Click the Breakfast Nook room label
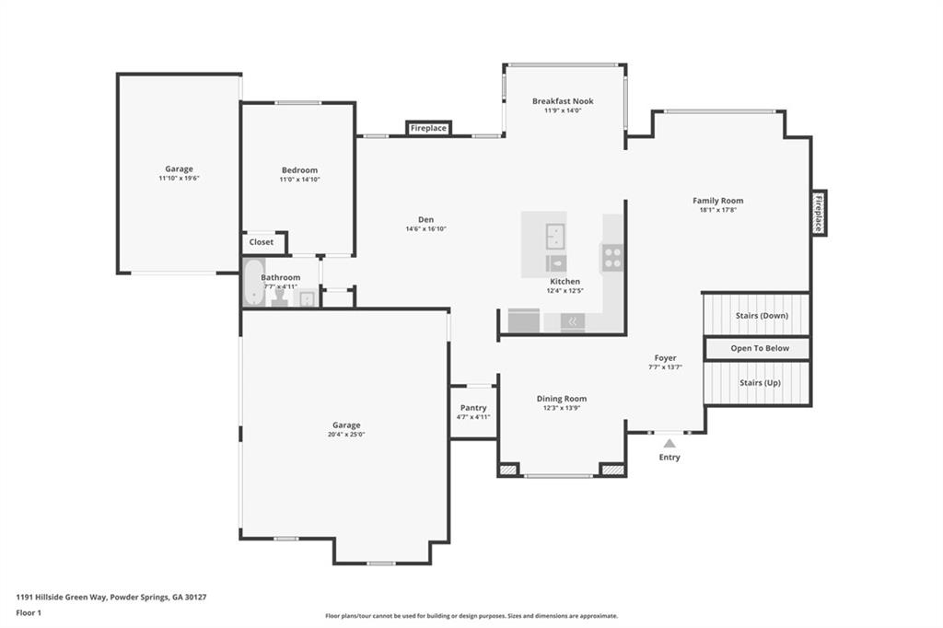(563, 101)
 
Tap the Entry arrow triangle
(669, 444)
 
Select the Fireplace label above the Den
(428, 128)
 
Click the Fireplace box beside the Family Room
(818, 213)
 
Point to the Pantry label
(473, 408)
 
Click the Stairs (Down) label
(762, 316)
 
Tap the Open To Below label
(760, 349)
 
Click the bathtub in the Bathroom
(252, 283)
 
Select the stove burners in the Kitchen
(612, 258)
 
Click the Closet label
(262, 242)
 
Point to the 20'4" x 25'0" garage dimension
(346, 435)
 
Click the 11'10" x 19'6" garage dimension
(179, 178)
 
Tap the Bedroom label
(299, 170)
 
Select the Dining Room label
(562, 399)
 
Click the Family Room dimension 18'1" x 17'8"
(717, 210)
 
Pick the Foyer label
(665, 358)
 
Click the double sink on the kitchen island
(554, 236)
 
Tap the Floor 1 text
(29, 612)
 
